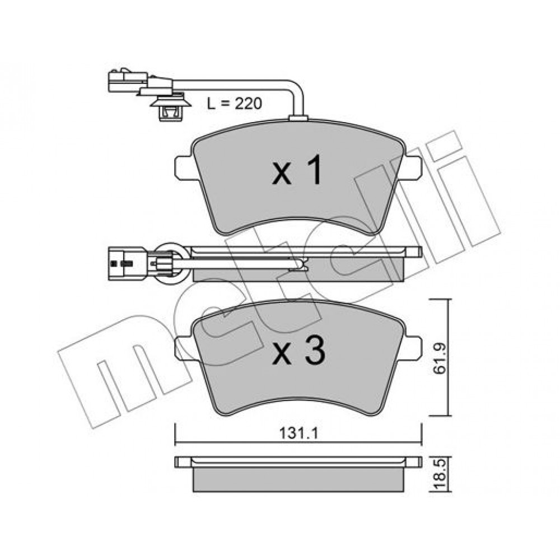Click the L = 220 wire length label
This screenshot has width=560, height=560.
[x=235, y=104]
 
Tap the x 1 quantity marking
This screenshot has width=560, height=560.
[x=297, y=171]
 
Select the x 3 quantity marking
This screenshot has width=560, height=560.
[x=298, y=351]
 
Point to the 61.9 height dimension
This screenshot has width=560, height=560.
[x=440, y=358]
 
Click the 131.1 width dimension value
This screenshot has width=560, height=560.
[x=298, y=433]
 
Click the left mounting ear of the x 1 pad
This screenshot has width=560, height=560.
[x=184, y=167]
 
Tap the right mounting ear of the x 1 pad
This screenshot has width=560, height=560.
[x=413, y=167]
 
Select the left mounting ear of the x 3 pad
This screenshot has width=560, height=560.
[x=184, y=348]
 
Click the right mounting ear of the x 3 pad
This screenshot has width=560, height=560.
[x=413, y=348]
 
